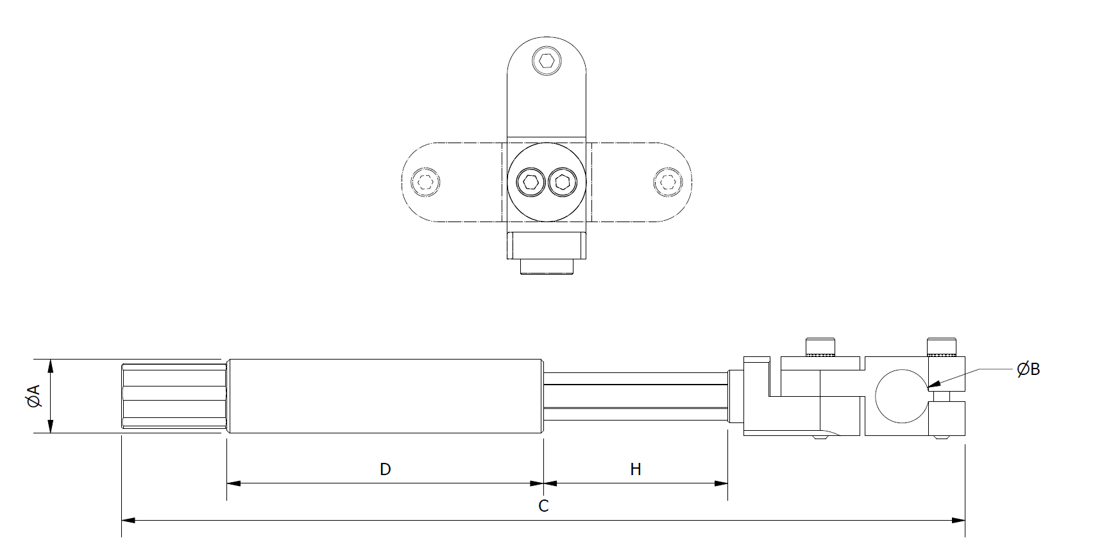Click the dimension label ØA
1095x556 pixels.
(x=34, y=396)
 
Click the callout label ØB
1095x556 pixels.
(x=1028, y=369)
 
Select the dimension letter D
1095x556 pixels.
(x=385, y=469)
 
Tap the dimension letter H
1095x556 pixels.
(x=635, y=469)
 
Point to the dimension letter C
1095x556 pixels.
(x=543, y=506)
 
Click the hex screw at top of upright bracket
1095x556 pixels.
(x=547, y=62)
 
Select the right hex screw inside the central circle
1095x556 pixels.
(x=562, y=182)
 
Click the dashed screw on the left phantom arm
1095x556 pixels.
(x=426, y=182)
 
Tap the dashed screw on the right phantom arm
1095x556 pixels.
(x=667, y=182)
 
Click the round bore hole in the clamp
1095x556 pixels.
(x=901, y=396)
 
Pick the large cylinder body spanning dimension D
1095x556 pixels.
(x=385, y=396)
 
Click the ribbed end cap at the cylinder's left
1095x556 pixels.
(x=173, y=396)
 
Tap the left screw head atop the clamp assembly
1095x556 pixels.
(x=820, y=346)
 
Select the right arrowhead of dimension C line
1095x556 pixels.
(x=959, y=519)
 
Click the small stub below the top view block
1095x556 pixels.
(x=546, y=266)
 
